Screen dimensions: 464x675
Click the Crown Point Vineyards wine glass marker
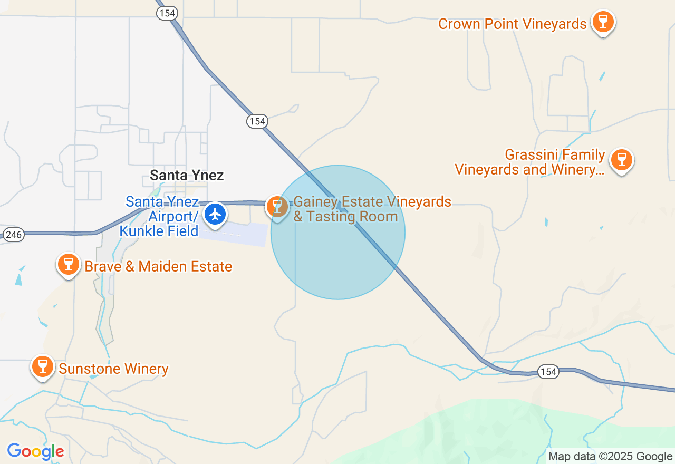coord(603,23)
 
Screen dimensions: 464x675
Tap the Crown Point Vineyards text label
coord(512,24)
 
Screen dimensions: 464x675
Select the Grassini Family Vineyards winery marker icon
coord(622,160)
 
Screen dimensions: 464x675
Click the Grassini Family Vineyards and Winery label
coord(529,162)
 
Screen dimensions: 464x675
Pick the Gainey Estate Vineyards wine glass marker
coord(277,207)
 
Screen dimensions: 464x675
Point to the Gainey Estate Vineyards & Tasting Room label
coord(372,209)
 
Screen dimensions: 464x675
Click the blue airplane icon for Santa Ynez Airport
coord(215,215)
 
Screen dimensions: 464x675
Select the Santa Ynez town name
coord(187,175)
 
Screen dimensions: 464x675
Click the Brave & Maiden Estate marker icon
coord(69,264)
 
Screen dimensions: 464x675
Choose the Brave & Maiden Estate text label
coord(158,267)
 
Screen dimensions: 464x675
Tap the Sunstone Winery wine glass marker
coord(43,366)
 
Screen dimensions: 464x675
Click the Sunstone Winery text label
coord(113,369)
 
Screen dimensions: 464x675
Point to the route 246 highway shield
coord(13,235)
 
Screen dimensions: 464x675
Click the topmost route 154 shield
coord(167,13)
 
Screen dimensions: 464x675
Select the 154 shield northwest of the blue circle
coord(257,121)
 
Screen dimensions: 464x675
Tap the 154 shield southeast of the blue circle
coord(548,372)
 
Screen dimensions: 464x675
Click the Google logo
coord(35,451)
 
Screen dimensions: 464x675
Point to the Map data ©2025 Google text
coord(610,457)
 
